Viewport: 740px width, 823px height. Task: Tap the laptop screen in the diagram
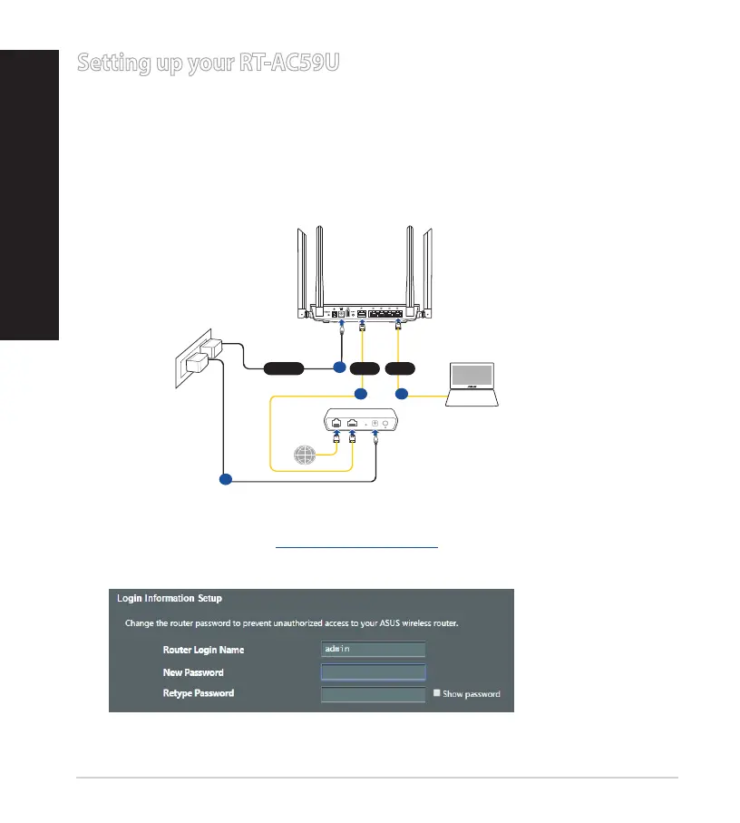pos(472,381)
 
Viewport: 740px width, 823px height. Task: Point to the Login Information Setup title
pos(170,599)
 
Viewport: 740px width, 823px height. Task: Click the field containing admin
pos(373,649)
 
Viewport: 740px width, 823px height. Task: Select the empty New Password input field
pos(373,671)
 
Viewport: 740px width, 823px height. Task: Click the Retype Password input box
pos(373,694)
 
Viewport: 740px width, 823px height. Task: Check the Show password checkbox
pos(437,693)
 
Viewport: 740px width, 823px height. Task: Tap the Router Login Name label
pos(203,650)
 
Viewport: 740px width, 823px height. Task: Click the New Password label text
pos(193,672)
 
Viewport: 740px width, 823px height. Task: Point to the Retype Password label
pos(198,694)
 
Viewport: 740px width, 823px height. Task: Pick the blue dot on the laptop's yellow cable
pos(401,395)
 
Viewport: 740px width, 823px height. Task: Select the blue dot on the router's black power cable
pos(338,367)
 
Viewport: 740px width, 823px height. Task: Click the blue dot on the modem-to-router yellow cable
pos(360,395)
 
